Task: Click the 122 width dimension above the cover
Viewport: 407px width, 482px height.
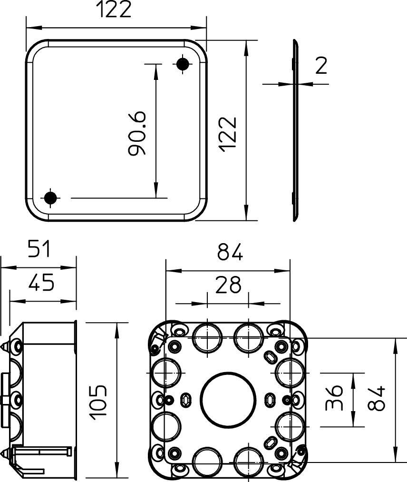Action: pos(114,10)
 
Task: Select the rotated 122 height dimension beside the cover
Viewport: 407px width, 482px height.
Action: pos(229,134)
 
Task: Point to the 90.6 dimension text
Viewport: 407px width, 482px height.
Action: pos(137,134)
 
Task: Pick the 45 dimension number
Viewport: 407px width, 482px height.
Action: pos(41,284)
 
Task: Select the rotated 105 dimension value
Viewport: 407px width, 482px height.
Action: pos(99,403)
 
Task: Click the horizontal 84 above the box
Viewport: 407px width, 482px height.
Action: pos(230,253)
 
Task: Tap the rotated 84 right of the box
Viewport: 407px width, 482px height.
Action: pos(376,399)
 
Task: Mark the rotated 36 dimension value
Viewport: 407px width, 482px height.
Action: pos(334,398)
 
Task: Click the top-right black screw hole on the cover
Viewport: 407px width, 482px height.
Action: pos(183,64)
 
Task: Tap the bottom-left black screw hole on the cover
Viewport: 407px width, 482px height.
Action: pos(51,198)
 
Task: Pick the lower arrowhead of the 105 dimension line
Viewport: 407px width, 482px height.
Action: pos(117,473)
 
